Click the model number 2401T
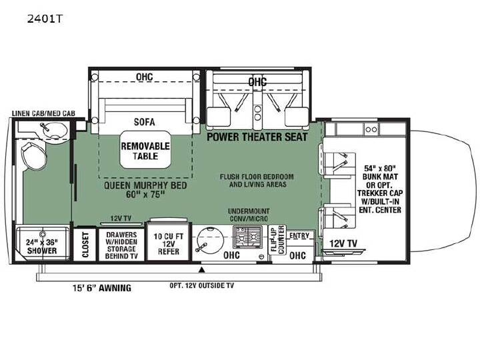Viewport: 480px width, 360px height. tap(45, 19)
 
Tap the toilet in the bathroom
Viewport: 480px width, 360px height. tap(34, 155)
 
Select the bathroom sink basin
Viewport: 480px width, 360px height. tap(55, 131)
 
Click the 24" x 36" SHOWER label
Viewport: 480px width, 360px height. tap(41, 247)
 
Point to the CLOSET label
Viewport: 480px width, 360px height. tap(85, 245)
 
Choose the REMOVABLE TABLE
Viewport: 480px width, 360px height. tap(145, 150)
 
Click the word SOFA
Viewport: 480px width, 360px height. tap(145, 122)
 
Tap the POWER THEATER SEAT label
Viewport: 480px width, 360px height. tap(257, 137)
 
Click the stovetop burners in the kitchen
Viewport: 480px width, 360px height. tap(247, 237)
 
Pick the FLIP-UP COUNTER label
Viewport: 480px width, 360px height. tap(277, 240)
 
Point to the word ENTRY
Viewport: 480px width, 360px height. tap(299, 235)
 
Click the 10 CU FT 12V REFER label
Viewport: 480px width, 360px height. tap(169, 244)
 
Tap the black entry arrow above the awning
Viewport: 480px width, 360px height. tap(202, 270)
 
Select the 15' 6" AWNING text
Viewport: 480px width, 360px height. tap(102, 288)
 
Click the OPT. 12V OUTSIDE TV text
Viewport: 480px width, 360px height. tap(202, 285)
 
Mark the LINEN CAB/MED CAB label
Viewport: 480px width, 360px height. tap(43, 113)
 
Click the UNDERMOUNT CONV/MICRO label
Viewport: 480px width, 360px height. tap(249, 215)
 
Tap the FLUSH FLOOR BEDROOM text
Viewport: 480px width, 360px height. tap(257, 177)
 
